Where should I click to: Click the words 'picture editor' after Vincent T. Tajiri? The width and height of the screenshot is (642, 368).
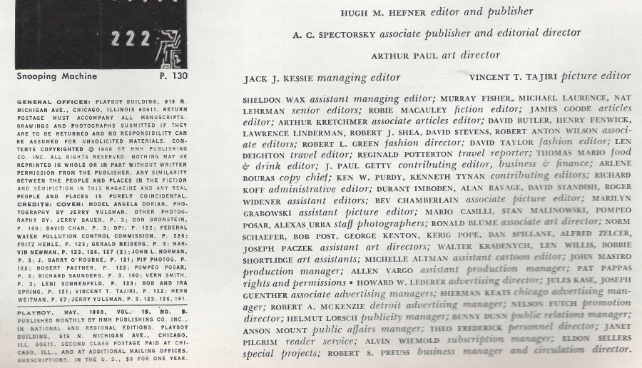pos(596,76)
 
